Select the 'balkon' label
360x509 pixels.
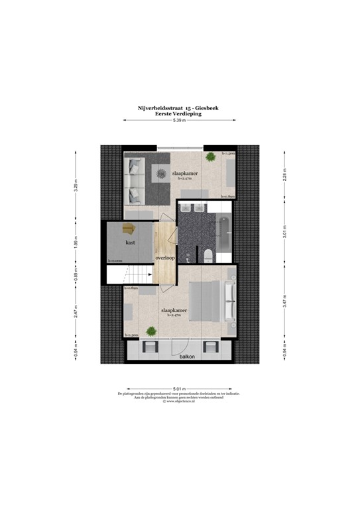click(187, 357)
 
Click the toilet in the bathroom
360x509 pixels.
click(208, 254)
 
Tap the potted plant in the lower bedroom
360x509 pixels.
click(152, 331)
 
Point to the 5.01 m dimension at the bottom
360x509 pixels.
click(179, 388)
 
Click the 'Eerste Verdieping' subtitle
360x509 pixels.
click(178, 114)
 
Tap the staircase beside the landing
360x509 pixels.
click(135, 273)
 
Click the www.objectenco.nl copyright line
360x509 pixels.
click(179, 402)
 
